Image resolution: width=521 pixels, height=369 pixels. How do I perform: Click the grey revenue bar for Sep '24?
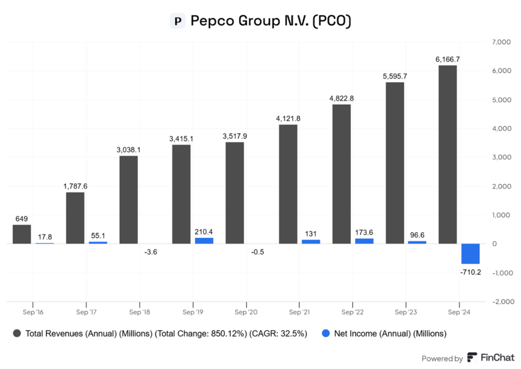coord(448,155)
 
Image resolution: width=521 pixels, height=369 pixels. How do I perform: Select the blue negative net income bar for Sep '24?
coord(470,254)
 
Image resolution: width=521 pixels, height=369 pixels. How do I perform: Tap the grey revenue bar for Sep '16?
coord(21,234)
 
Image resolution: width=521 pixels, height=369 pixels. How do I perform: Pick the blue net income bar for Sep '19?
coord(204,241)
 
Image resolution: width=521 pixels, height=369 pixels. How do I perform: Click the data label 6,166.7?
coord(448,59)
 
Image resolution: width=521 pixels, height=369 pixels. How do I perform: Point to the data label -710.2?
coord(470,272)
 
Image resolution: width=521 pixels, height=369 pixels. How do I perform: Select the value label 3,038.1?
coord(128,150)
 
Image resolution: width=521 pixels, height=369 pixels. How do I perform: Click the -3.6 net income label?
coord(151,252)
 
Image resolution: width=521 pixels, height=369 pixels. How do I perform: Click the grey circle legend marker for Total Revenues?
coord(17,333)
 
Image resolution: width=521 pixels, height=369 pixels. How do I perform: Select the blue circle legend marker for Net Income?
coord(326,333)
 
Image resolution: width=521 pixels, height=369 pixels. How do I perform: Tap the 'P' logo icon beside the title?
coord(177,21)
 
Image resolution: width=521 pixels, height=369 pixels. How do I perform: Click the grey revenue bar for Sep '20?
coord(235,193)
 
